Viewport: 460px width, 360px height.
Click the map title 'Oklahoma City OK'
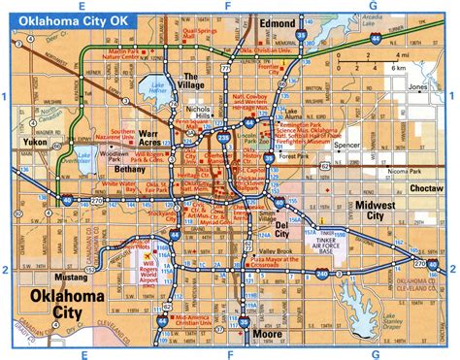[x=59, y=19]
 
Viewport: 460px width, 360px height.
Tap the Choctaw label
[x=426, y=188]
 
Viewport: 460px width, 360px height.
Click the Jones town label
[x=417, y=87]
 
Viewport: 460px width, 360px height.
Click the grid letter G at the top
[x=374, y=7]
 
